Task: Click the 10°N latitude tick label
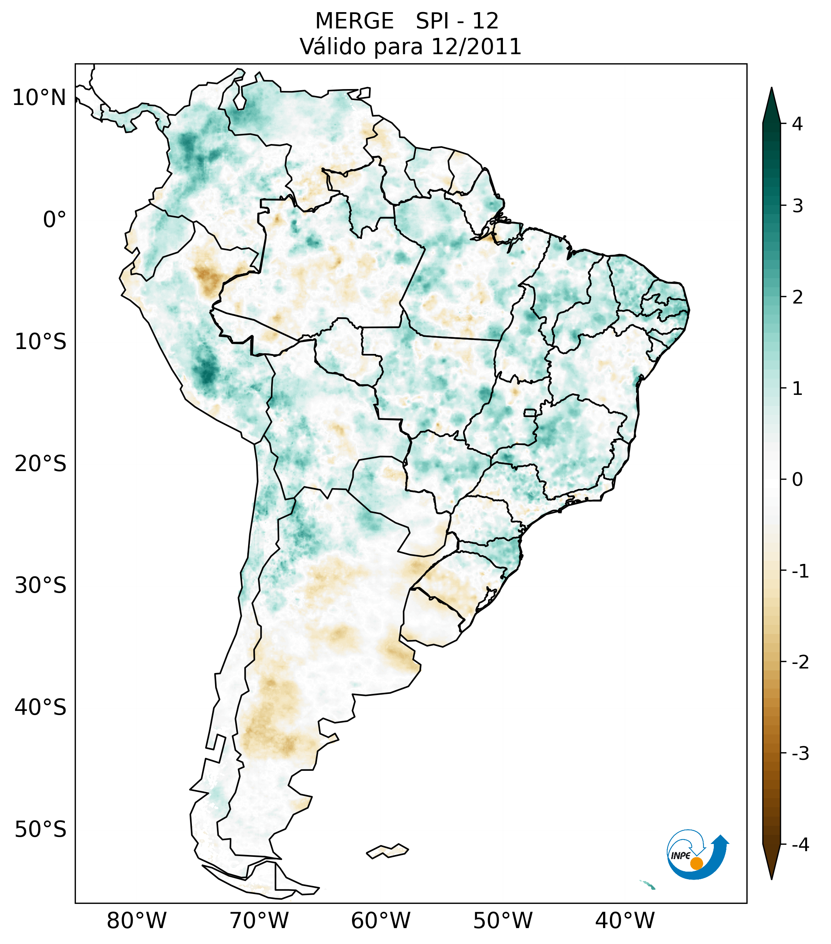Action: (x=39, y=98)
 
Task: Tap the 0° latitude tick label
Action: (x=54, y=220)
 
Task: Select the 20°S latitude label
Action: (x=41, y=464)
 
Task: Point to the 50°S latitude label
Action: (x=41, y=830)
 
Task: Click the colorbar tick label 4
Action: (x=797, y=124)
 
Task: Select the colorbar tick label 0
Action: (x=797, y=480)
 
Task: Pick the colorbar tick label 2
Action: (x=797, y=297)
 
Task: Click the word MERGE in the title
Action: (x=355, y=21)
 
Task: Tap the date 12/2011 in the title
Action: (x=476, y=47)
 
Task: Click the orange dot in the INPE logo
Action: (x=696, y=863)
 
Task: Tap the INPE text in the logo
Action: (x=681, y=856)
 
